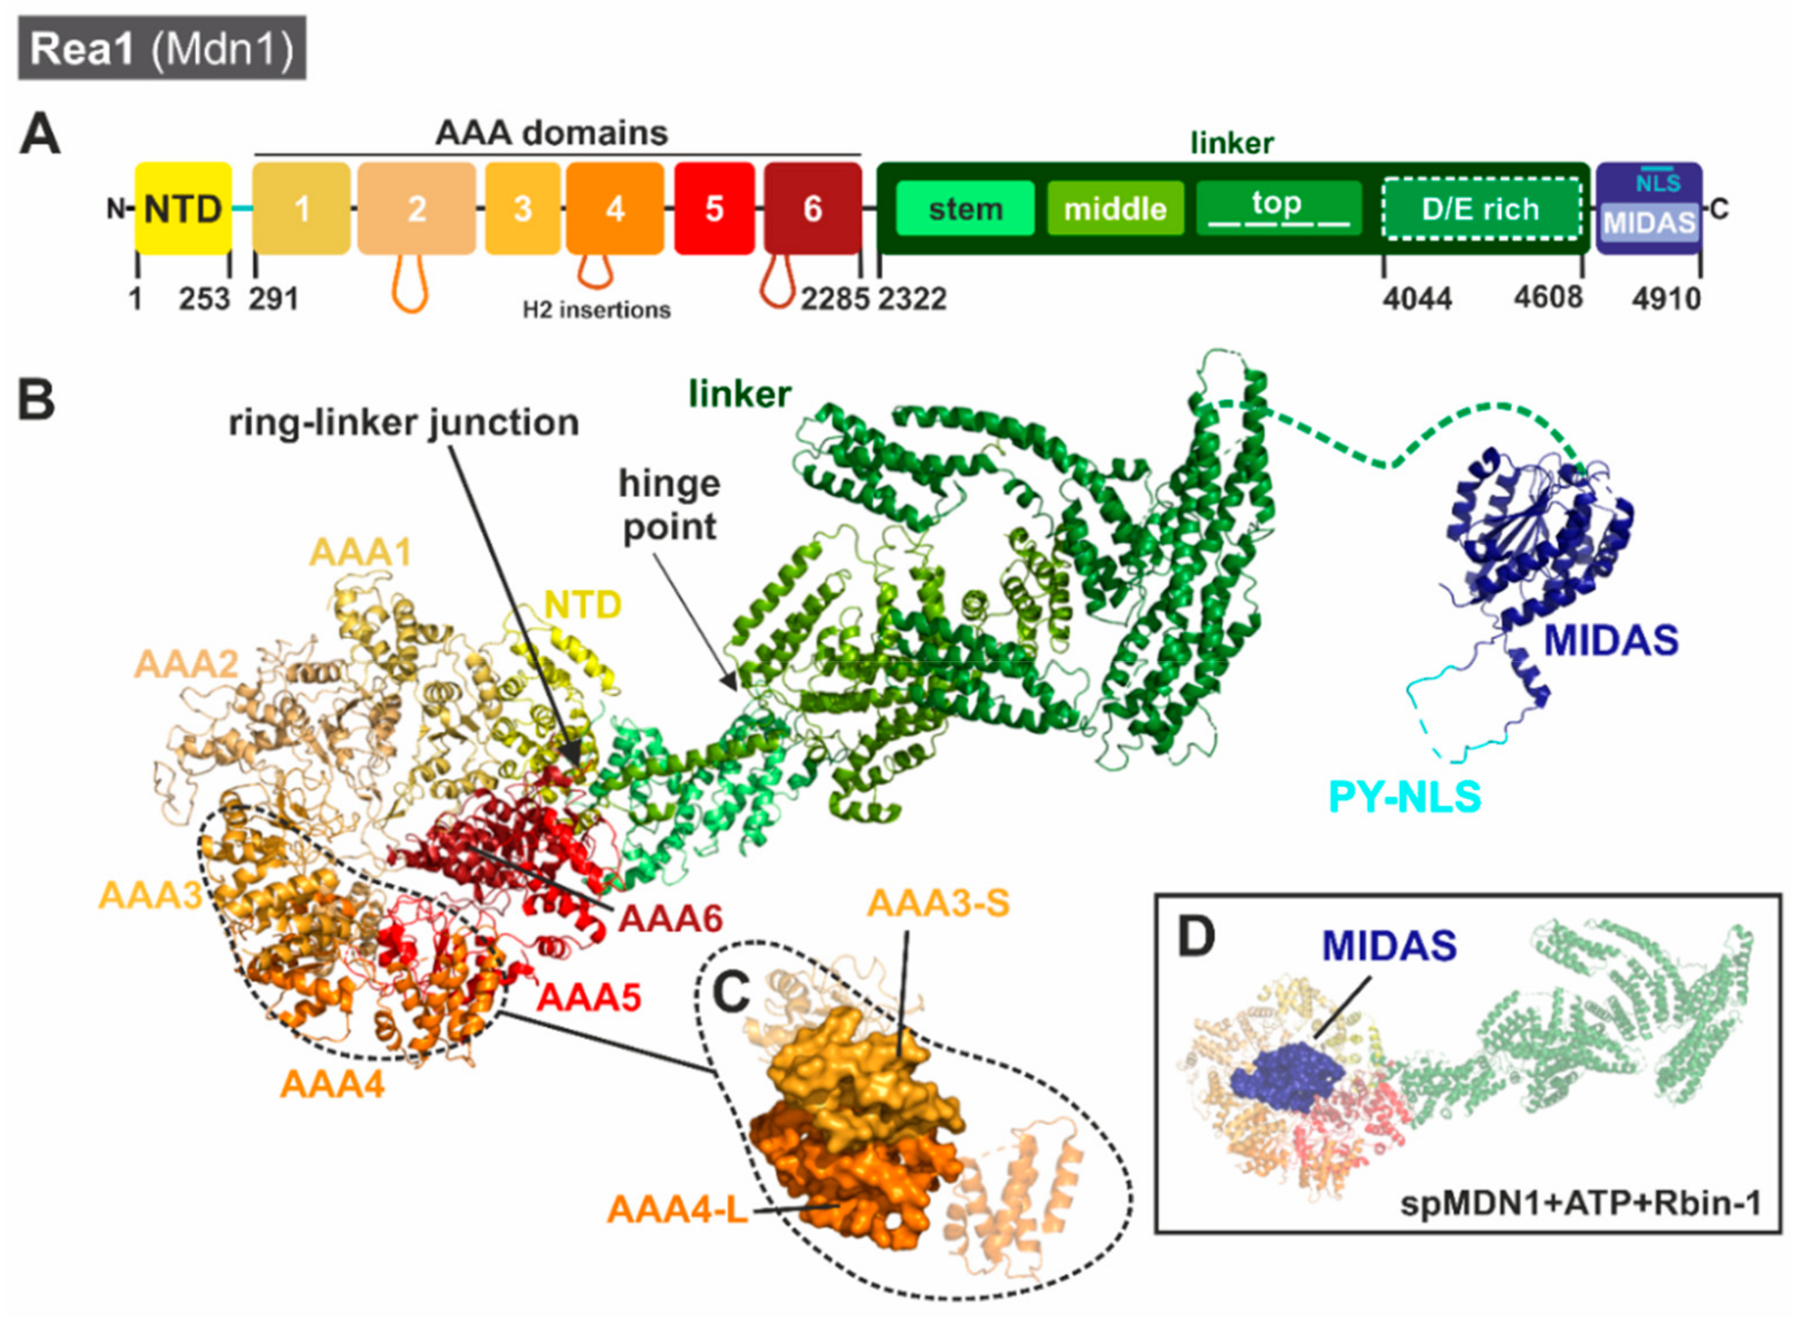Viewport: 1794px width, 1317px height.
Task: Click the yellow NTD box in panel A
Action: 183,209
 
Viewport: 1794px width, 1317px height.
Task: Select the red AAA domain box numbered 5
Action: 713,209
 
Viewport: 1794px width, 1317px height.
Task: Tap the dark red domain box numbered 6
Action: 811,209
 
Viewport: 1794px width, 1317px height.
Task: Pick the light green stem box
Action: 965,209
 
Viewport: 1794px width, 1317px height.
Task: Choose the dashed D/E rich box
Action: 1480,209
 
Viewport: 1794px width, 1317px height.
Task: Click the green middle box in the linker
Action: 1115,209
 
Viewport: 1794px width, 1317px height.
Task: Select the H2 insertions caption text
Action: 597,310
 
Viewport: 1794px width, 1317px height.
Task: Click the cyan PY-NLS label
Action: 1404,797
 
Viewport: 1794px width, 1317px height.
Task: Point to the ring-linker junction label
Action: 404,422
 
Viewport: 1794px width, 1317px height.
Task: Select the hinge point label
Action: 669,505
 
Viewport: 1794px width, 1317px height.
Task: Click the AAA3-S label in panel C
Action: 937,903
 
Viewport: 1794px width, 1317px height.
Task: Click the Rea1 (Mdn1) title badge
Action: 162,49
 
